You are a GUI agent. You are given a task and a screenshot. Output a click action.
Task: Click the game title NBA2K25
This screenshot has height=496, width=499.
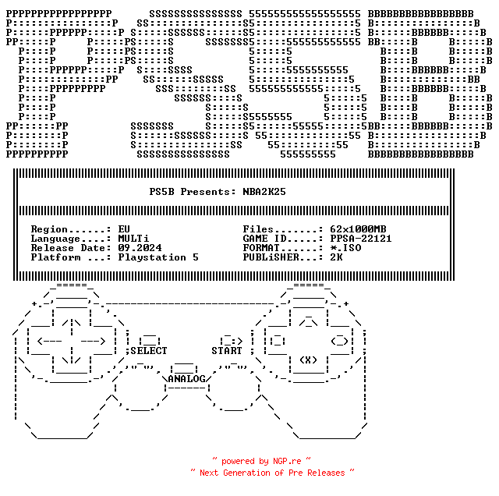point(264,192)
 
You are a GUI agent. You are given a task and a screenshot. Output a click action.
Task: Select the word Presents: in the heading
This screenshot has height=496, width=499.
point(208,192)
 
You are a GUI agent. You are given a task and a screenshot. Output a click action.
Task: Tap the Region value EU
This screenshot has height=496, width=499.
point(124,229)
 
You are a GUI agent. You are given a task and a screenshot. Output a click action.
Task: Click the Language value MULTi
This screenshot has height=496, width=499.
point(133,239)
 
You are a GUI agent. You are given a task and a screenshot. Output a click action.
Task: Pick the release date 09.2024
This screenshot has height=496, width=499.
point(140,248)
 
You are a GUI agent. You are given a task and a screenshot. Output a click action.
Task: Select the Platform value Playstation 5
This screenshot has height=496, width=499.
point(158,257)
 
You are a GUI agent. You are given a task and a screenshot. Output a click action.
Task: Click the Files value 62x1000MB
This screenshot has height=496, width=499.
point(358,229)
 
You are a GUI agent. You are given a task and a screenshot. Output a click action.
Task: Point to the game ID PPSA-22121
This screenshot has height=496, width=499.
point(361,239)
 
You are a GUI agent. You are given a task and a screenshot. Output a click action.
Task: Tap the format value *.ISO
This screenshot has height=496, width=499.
point(345,248)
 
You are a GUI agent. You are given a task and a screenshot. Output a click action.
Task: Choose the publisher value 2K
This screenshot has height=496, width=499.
point(336,257)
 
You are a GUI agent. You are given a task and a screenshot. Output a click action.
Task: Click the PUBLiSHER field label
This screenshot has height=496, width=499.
point(271,257)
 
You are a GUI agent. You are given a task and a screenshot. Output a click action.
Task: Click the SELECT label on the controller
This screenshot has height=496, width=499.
point(149,351)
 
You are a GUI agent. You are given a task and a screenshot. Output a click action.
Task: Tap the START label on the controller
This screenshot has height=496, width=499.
point(227,351)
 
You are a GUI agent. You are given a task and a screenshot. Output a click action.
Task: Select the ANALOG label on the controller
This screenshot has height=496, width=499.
point(187,379)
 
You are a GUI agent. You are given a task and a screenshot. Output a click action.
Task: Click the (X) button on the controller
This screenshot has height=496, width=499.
point(309,360)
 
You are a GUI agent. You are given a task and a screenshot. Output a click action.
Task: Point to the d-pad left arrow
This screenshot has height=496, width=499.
point(49,342)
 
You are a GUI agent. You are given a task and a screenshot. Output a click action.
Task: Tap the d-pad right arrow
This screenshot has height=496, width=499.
point(93,342)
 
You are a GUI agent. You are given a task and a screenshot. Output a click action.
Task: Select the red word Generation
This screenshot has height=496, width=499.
point(246,473)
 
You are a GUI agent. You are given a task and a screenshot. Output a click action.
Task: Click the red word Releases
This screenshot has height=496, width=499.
point(326,473)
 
